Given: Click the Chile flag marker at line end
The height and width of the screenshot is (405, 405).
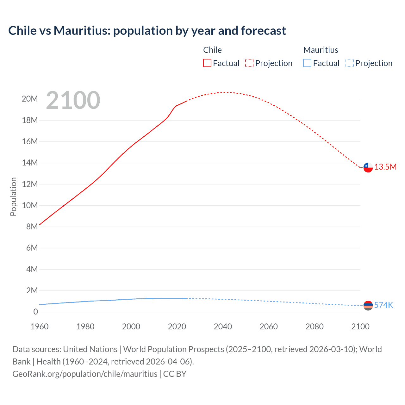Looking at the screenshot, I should [368, 167].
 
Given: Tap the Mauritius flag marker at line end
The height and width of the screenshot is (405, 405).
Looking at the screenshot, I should [368, 306].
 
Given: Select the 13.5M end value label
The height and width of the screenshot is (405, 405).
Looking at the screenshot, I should [385, 167].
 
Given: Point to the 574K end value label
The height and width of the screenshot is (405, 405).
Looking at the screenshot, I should [383, 305].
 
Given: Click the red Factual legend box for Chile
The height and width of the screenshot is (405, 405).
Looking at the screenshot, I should [207, 63].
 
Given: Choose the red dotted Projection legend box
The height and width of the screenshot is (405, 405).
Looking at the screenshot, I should [249, 63].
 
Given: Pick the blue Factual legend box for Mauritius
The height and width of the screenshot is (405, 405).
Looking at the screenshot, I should [307, 63].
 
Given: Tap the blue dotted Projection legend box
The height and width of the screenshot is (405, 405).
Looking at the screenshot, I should [349, 63].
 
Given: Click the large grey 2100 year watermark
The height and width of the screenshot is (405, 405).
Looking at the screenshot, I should [73, 100].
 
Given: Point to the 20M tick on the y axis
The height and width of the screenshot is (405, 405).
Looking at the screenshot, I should [30, 99].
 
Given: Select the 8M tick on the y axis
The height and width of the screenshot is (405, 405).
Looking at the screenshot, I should [32, 227].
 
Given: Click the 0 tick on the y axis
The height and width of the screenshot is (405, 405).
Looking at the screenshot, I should [35, 312].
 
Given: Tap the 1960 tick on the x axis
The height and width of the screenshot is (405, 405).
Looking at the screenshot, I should [40, 327].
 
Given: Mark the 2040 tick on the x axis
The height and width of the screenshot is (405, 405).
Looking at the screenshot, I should [223, 327].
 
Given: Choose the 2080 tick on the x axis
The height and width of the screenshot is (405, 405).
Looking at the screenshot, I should [315, 327].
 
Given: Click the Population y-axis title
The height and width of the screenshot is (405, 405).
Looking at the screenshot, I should [13, 196].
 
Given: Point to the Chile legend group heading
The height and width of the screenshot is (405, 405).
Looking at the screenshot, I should [212, 50].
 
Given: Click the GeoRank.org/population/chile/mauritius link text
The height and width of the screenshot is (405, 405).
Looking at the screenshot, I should [85, 374].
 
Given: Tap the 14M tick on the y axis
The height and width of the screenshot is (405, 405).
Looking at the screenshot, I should [30, 163].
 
